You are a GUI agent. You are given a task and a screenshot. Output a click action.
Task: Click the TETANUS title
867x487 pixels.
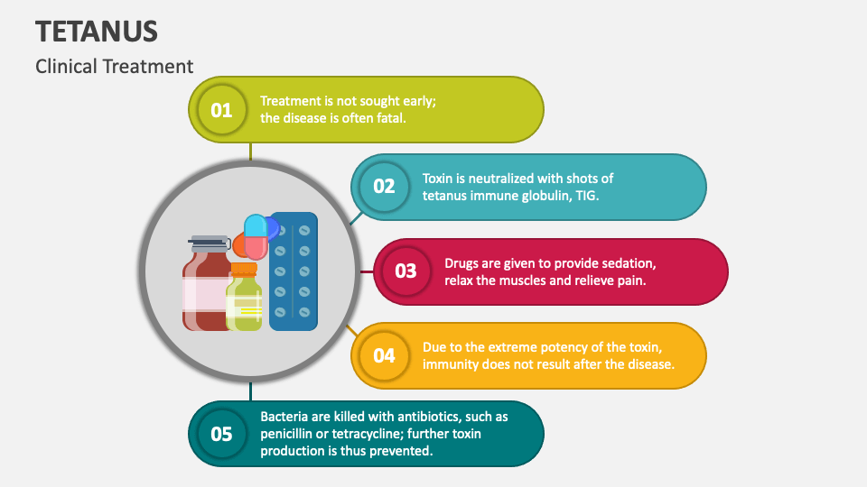click(x=97, y=32)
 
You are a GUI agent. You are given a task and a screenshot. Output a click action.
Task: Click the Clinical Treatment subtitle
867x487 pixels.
click(x=115, y=66)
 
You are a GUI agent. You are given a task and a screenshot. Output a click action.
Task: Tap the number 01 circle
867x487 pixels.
click(x=222, y=110)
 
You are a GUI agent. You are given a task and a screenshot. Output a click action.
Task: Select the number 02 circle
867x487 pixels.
click(x=385, y=187)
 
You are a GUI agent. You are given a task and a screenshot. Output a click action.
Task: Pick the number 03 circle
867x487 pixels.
click(x=406, y=271)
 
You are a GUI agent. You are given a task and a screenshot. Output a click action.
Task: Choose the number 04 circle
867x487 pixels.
click(x=385, y=355)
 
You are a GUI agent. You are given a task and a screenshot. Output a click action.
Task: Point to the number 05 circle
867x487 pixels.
click(x=222, y=434)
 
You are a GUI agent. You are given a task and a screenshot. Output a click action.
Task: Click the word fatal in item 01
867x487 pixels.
click(x=391, y=118)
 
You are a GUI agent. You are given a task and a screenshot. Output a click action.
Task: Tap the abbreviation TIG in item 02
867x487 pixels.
click(x=587, y=196)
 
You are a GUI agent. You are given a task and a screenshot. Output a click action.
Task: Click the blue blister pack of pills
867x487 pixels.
click(x=293, y=271)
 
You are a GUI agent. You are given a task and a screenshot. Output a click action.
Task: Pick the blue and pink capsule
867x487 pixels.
click(x=256, y=237)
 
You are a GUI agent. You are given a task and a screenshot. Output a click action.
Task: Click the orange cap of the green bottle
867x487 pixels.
click(x=244, y=270)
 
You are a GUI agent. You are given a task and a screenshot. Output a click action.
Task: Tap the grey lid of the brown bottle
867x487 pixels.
click(x=209, y=243)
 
